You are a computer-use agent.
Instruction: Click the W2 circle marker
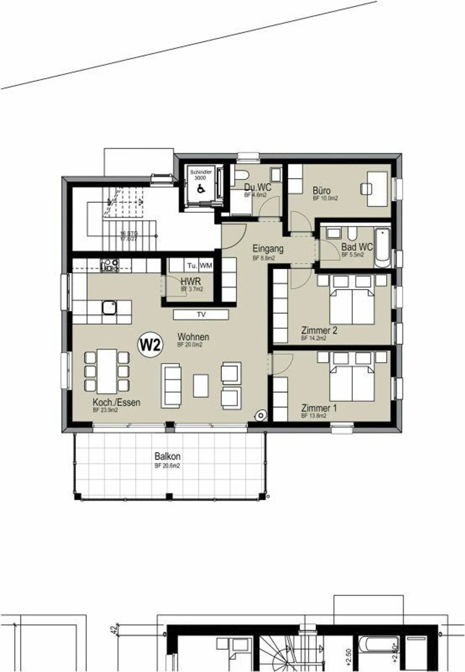pyautogui.click(x=150, y=345)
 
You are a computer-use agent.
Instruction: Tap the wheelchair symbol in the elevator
pyautogui.click(x=201, y=188)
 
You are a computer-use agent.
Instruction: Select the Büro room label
pyautogui.click(x=321, y=190)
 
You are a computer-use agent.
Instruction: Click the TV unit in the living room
pyautogui.click(x=201, y=315)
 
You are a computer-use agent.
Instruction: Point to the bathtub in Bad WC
pyautogui.click(x=382, y=247)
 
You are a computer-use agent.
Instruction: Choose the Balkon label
pyautogui.click(x=167, y=456)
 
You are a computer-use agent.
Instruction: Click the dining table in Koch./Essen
pyautogui.click(x=107, y=371)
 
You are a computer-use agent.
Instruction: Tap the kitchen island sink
pyautogui.click(x=109, y=307)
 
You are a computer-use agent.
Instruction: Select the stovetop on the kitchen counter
pyautogui.click(x=110, y=265)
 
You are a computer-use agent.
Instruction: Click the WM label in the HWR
pyautogui.click(x=206, y=266)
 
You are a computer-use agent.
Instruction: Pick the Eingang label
pyautogui.click(x=268, y=249)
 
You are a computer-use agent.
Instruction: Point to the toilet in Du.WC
pyautogui.click(x=242, y=176)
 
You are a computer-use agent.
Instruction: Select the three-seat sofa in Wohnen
pyautogui.click(x=171, y=385)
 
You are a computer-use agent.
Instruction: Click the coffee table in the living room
pyautogui.click(x=201, y=385)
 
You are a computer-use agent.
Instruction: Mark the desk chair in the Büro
pyautogui.click(x=366, y=189)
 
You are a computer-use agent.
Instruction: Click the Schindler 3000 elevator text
pyautogui.click(x=201, y=175)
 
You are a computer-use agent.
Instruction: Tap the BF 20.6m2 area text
pyautogui.click(x=167, y=466)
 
